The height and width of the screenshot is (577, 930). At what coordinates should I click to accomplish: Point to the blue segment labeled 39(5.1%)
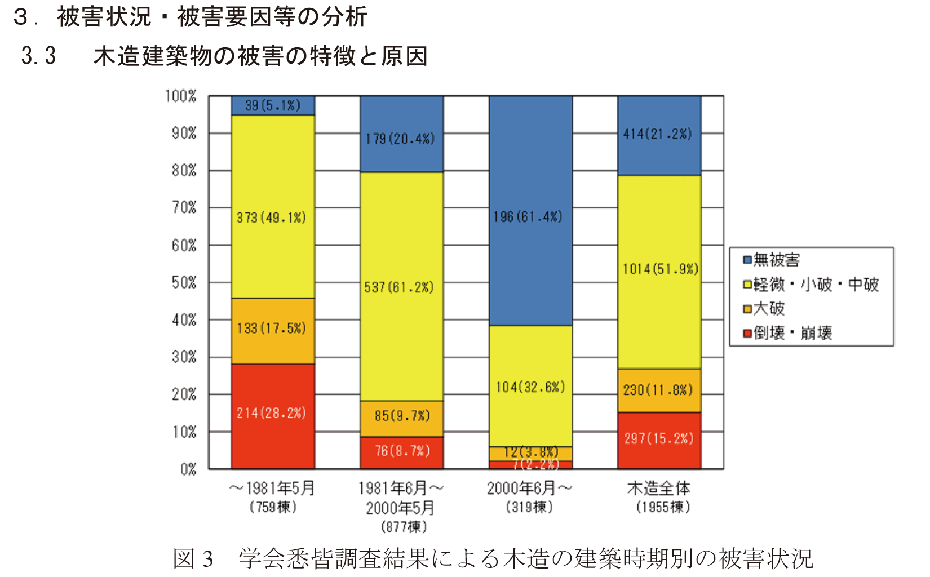point(273,105)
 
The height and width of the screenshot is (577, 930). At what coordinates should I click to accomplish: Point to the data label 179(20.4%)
point(400,139)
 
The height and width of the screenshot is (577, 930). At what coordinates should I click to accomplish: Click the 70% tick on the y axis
point(184,208)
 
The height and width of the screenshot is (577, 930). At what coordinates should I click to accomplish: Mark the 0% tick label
point(188,469)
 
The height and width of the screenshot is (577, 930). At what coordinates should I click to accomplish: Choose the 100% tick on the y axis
point(181,96)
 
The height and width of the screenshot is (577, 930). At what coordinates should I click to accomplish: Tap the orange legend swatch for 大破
point(747,309)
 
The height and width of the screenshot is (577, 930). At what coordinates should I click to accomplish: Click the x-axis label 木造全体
point(659,488)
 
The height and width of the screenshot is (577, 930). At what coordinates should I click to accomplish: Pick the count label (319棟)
point(529,507)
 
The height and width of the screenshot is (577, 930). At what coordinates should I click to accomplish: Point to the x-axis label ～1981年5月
point(273,488)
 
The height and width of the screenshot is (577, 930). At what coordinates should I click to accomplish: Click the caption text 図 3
point(193,559)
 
